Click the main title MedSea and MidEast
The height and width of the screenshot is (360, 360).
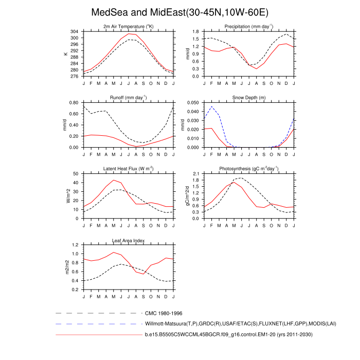[x=179, y=12]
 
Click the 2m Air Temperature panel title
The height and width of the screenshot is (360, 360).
[x=128, y=26]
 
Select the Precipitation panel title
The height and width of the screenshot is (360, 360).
[x=248, y=26]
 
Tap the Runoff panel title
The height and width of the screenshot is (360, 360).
[x=128, y=97]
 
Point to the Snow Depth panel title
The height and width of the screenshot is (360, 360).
[x=248, y=97]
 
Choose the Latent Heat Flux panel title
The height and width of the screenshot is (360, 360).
[x=128, y=169]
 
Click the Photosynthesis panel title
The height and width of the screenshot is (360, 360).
[x=248, y=169]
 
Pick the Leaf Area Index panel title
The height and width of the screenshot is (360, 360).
[x=128, y=240]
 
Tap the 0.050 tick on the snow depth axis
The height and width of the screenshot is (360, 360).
[x=192, y=103]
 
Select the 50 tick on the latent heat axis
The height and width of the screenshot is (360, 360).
[x=76, y=174]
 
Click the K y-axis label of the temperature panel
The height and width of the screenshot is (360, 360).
[x=65, y=54]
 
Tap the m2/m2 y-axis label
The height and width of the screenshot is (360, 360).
[x=65, y=267]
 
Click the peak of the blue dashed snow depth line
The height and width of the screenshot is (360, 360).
[x=211, y=106]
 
